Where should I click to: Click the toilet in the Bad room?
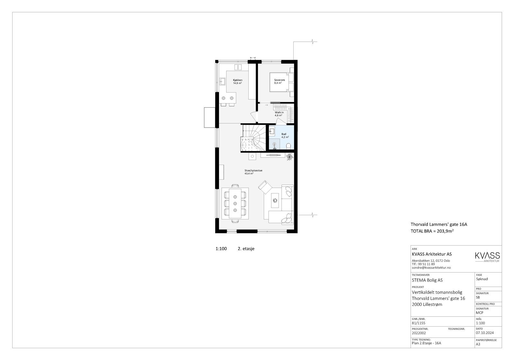tap(288, 146)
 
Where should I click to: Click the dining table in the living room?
tap(235, 203)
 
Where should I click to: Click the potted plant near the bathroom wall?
tap(289, 157)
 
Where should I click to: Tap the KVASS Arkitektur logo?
tap(487, 257)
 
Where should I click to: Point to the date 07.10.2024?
tap(485, 333)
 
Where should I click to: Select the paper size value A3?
tap(478, 344)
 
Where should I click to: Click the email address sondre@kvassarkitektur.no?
tap(431, 267)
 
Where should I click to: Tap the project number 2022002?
tap(419, 333)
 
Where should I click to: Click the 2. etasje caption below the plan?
tap(246, 248)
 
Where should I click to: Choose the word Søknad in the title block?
tap(482, 279)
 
